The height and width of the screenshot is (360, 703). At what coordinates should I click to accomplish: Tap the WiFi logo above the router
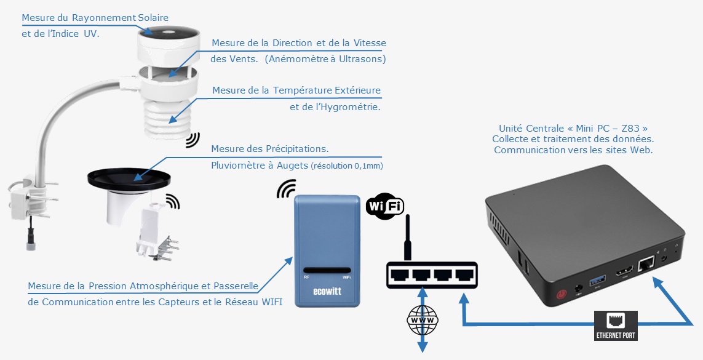pos(384,206)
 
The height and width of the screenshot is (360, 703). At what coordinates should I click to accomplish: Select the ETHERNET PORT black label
pos(616,326)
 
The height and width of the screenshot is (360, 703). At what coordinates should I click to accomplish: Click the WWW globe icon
pos(423,321)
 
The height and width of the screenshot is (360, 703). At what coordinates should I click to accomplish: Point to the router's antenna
pos(407,237)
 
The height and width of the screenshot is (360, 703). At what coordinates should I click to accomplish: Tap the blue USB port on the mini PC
pos(597,281)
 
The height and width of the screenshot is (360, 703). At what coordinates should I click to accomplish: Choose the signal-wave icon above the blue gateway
pos(286,189)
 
